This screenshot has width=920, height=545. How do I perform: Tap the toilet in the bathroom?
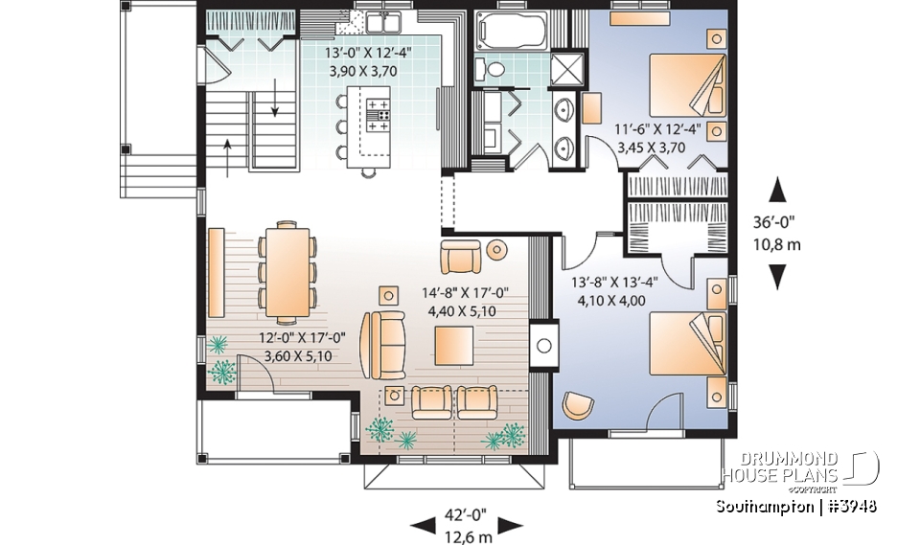point(492,69)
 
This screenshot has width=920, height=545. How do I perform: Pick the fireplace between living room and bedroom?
point(543,343)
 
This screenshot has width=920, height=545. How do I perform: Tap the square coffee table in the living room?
point(452,343)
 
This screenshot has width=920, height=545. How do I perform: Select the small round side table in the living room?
point(496,251)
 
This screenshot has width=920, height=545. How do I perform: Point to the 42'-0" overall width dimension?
point(465,514)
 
